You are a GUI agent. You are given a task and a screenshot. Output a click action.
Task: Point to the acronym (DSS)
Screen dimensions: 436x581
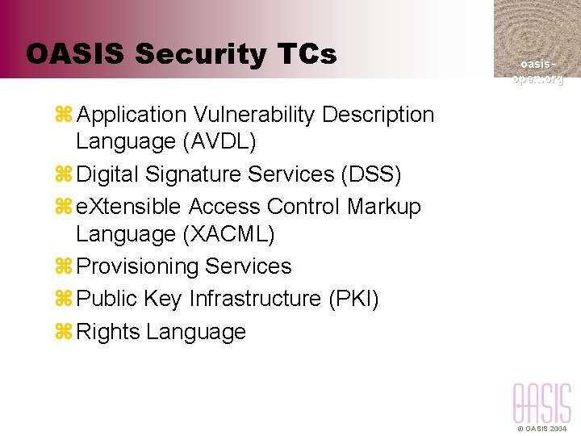(371, 174)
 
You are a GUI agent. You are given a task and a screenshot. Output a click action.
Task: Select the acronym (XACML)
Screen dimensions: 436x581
(228, 235)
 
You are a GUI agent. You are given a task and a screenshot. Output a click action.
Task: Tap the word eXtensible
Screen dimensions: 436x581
(128, 207)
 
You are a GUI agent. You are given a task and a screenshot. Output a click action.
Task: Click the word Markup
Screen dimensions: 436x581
(384, 207)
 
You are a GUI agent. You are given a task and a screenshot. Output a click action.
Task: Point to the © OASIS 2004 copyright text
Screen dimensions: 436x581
(541, 430)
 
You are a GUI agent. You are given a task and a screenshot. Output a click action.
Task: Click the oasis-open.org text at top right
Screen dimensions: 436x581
(537, 71)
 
